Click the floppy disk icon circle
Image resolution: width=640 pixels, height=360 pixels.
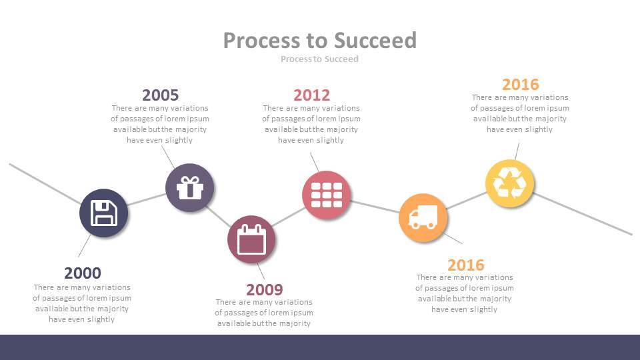pyautogui.click(x=103, y=213)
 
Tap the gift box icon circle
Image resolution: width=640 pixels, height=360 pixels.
pyautogui.click(x=189, y=187)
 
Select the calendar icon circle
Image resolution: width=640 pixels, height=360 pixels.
pyautogui.click(x=251, y=239)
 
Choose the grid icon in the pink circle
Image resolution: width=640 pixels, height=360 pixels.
pyautogui.click(x=326, y=195)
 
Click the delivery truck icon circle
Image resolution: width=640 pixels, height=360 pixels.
pyautogui.click(x=423, y=217)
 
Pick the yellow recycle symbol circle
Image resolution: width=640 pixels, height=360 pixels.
pyautogui.click(x=509, y=183)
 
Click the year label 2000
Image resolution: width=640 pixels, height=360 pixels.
pyautogui.click(x=83, y=273)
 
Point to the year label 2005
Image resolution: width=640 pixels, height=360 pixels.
pyautogui.click(x=160, y=95)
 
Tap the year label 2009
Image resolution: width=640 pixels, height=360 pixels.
pyautogui.click(x=265, y=289)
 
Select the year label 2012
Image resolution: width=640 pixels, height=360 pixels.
pyautogui.click(x=311, y=95)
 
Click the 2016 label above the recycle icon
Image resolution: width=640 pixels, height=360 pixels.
pyautogui.click(x=520, y=84)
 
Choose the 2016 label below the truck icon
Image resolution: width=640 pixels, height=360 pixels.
pyautogui.click(x=465, y=264)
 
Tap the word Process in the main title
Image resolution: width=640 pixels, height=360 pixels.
pyautogui.click(x=261, y=40)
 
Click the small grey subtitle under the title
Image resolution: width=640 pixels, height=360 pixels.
pyautogui.click(x=319, y=59)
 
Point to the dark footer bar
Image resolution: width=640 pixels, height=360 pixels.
pyautogui.click(x=320, y=347)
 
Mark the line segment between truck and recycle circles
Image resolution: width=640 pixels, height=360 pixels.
pyautogui.click(x=467, y=200)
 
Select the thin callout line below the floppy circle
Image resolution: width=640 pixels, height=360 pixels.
pyautogui.click(x=84, y=245)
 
